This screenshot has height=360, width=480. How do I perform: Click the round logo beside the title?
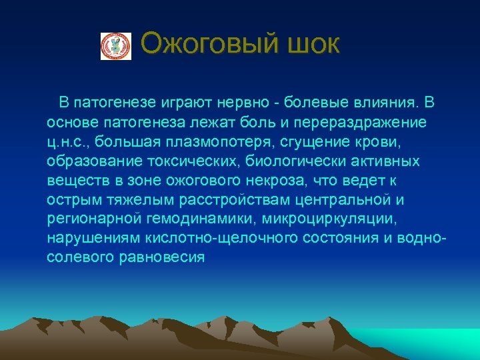click(x=116, y=46)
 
